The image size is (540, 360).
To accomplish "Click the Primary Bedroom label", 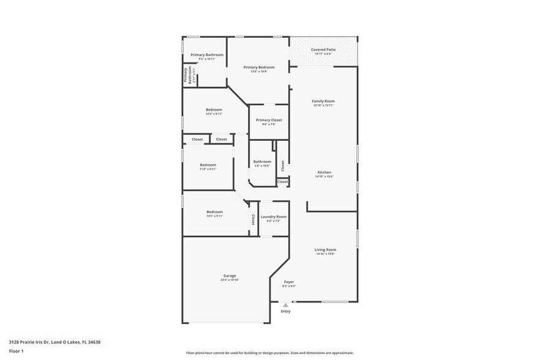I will (258, 67).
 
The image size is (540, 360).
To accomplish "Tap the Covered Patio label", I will (323, 50).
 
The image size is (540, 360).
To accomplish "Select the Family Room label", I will (323, 101).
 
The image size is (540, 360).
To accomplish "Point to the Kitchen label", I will (323, 172).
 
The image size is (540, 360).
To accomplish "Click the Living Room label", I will (325, 250).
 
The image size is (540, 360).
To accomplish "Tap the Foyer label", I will (289, 282).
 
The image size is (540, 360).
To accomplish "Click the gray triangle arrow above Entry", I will (285, 304).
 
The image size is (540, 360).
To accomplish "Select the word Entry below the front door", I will (285, 311).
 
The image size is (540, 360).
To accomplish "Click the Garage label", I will (230, 276).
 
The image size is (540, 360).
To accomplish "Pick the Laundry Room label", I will (274, 217).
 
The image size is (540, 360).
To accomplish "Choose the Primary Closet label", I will (269, 120).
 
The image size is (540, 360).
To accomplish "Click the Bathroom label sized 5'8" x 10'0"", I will (262, 162).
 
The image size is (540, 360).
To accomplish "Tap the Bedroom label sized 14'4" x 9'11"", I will (214, 110).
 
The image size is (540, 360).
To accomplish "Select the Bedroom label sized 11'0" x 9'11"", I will (208, 165).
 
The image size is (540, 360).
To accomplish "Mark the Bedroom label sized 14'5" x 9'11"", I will (214, 212).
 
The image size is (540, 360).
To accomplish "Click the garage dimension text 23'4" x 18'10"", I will (230, 280).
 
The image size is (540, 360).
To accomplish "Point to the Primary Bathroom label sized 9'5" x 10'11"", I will (206, 55).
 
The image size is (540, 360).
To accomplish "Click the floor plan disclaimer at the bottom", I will (270, 353).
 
